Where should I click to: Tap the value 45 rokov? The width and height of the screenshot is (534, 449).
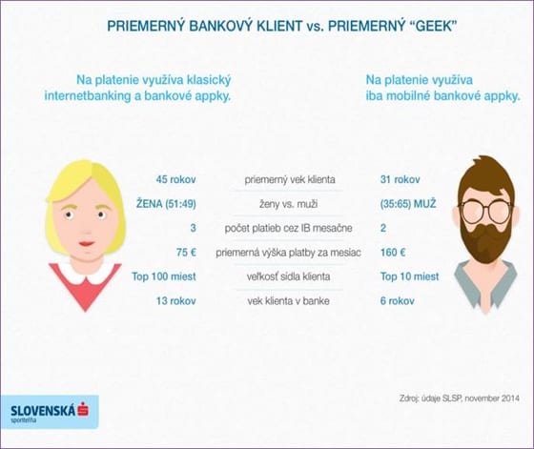(175, 179)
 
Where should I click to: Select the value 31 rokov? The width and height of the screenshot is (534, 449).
(400, 179)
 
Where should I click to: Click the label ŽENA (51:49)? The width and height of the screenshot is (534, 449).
(166, 204)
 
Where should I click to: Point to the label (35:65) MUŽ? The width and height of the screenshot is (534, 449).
(408, 204)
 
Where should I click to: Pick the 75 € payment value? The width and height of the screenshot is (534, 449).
(186, 253)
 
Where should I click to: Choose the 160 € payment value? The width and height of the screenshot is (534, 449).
(393, 253)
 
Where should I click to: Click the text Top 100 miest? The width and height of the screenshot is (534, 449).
(164, 276)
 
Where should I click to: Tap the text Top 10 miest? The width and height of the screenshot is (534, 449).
(409, 276)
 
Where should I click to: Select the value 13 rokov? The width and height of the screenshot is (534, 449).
(176, 301)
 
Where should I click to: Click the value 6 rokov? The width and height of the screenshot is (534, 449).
(397, 301)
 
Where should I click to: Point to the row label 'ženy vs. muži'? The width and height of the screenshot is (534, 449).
(288, 204)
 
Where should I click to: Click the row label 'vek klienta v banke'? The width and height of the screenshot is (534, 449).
(288, 301)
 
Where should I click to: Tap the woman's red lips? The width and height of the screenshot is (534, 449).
(87, 244)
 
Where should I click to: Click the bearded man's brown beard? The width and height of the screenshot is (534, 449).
(487, 240)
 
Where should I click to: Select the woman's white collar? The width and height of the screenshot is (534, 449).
(86, 271)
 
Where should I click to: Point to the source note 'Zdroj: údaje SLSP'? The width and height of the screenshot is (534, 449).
(429, 398)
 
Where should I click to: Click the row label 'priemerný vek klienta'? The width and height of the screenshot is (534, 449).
(290, 179)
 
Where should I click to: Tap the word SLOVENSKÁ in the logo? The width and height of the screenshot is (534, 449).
(43, 411)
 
